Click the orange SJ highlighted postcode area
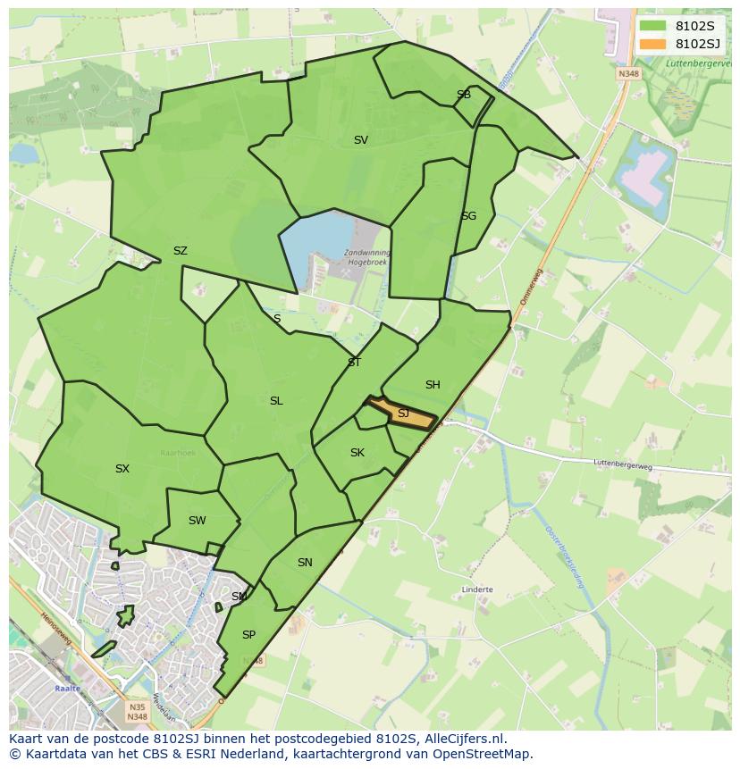(x=402, y=414)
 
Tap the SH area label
(x=433, y=385)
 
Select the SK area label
(x=357, y=453)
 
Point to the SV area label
(x=361, y=140)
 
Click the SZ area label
(x=181, y=251)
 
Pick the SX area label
(x=122, y=469)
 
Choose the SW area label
(x=198, y=521)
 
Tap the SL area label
(x=276, y=401)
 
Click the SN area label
(x=305, y=563)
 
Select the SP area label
(x=248, y=635)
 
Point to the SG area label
(x=468, y=216)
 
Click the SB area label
(x=463, y=95)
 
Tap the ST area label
(x=354, y=363)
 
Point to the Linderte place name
(x=477, y=589)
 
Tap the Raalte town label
(x=67, y=689)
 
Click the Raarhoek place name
(x=178, y=453)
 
